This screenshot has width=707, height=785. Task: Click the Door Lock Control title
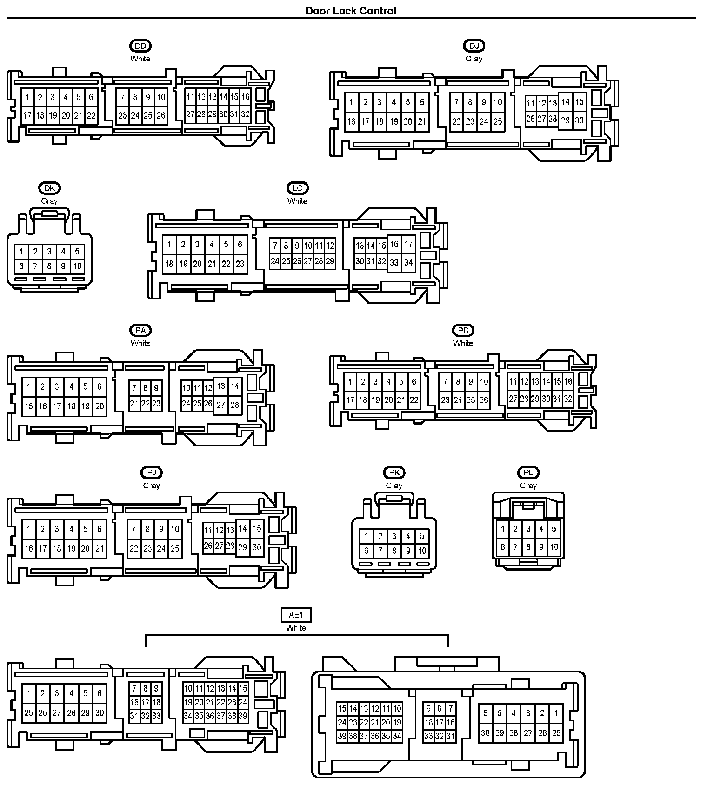click(351, 11)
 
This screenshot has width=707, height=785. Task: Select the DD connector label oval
click(140, 46)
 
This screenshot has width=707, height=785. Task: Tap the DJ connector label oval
click(474, 46)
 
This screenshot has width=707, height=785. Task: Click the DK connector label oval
click(49, 188)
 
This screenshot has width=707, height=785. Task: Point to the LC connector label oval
click(298, 188)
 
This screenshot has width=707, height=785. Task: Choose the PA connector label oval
click(140, 330)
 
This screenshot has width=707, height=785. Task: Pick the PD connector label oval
click(463, 330)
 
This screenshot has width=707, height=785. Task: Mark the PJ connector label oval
click(151, 472)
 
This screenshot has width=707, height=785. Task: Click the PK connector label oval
click(394, 472)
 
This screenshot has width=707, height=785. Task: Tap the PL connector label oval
click(528, 472)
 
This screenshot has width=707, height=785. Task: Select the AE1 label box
click(296, 615)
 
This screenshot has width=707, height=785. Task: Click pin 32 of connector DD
click(245, 114)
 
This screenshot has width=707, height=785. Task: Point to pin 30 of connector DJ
click(579, 120)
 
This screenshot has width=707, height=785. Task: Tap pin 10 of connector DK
click(77, 266)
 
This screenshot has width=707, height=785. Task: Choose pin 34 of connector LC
click(408, 262)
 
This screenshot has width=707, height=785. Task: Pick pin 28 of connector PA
click(235, 405)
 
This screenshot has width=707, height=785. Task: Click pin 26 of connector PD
click(484, 399)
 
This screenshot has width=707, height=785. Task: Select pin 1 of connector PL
click(502, 529)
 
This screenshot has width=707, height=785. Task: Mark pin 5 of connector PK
click(422, 536)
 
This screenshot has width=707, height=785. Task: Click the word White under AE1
click(296, 628)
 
